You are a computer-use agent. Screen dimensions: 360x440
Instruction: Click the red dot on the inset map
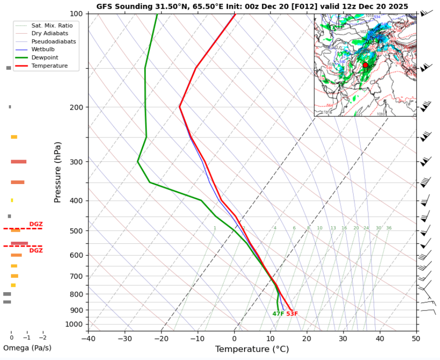click(x=365, y=65)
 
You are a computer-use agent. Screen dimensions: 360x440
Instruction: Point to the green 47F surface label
click(x=278, y=314)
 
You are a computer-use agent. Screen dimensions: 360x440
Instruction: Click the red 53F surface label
click(x=292, y=314)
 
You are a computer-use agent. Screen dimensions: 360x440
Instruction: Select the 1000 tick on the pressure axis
click(x=76, y=324)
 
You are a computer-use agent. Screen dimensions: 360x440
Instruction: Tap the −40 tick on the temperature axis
click(x=88, y=338)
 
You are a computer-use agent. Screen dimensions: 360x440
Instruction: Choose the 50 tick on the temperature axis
click(x=416, y=338)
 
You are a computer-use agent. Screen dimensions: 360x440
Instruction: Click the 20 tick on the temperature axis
click(x=307, y=338)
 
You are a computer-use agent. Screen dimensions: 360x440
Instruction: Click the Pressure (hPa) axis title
click(x=58, y=172)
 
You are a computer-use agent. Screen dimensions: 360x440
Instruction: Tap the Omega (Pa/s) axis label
click(x=27, y=348)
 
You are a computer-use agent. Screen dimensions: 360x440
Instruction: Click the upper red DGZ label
click(x=36, y=224)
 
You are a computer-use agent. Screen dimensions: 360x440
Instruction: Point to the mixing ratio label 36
click(x=389, y=228)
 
